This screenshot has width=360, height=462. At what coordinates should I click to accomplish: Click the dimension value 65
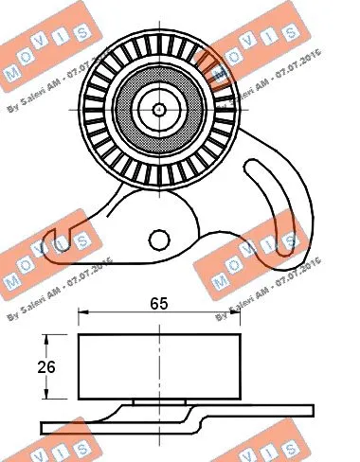tap(159, 304)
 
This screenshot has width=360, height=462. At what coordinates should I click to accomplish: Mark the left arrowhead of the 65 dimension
tap(82, 313)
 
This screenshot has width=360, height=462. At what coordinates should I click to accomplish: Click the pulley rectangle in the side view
tap(158, 367)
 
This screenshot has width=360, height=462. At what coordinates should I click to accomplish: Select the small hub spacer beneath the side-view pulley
tap(158, 403)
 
